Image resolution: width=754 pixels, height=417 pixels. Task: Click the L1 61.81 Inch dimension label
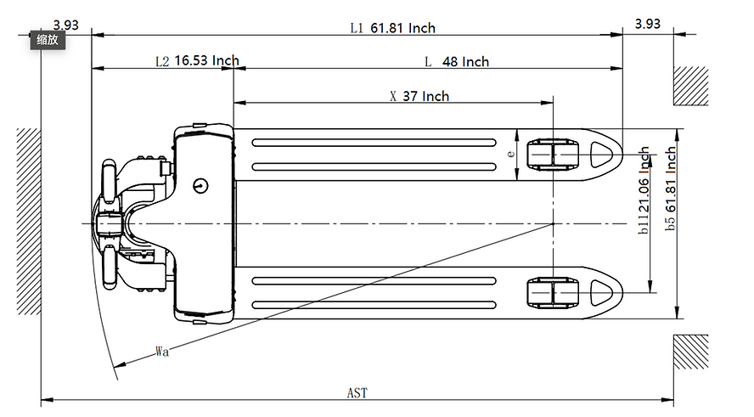coord(392,28)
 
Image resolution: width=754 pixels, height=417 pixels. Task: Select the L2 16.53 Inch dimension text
coord(197,61)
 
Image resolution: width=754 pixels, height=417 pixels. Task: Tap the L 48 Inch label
coord(457,62)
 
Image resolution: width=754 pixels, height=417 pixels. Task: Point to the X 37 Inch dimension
coord(419,96)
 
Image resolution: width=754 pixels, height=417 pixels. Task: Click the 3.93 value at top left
coord(65,25)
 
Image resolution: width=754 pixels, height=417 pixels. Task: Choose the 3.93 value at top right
coord(648,25)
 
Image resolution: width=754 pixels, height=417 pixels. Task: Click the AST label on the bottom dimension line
coord(357,393)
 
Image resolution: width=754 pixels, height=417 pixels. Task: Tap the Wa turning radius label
coord(161,351)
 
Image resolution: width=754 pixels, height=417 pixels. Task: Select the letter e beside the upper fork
coord(509,154)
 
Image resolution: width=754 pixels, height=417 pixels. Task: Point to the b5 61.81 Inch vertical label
coord(671,189)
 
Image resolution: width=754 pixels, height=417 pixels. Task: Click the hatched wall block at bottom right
coord(690,352)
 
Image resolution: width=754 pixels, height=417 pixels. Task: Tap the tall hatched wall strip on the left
coord(29,221)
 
